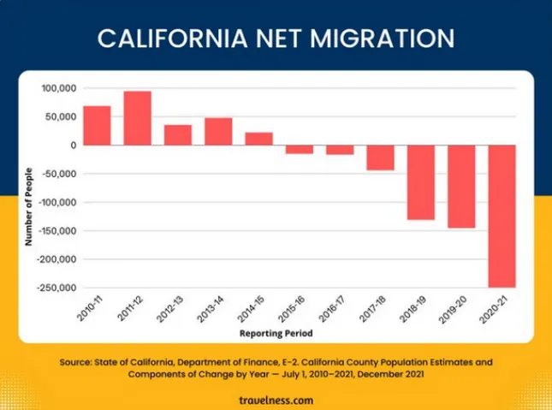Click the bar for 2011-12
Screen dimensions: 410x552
[x=138, y=118]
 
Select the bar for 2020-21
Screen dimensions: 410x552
[x=502, y=217]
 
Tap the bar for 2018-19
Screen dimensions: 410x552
[x=421, y=182]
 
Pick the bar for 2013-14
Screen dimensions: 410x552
[x=218, y=132]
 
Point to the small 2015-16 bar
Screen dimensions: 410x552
[x=300, y=149]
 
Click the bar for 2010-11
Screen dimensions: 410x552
[x=97, y=126]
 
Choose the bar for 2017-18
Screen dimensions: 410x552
[x=381, y=157]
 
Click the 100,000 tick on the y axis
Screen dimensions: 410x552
[x=59, y=88]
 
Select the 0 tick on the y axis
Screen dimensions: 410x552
[x=74, y=146]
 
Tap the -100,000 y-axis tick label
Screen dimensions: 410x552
[x=56, y=202]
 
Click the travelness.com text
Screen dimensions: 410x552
[x=276, y=400]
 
